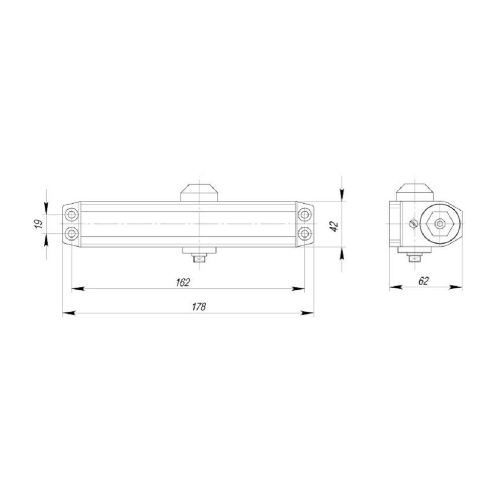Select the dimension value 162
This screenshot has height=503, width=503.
click(183, 282)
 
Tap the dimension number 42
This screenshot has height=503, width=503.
click(332, 225)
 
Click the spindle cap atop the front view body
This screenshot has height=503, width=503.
click(200, 193)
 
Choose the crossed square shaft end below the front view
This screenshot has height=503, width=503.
click(200, 260)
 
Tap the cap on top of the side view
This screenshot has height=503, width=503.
click(414, 192)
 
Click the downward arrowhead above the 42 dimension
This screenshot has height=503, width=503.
click(342, 196)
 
